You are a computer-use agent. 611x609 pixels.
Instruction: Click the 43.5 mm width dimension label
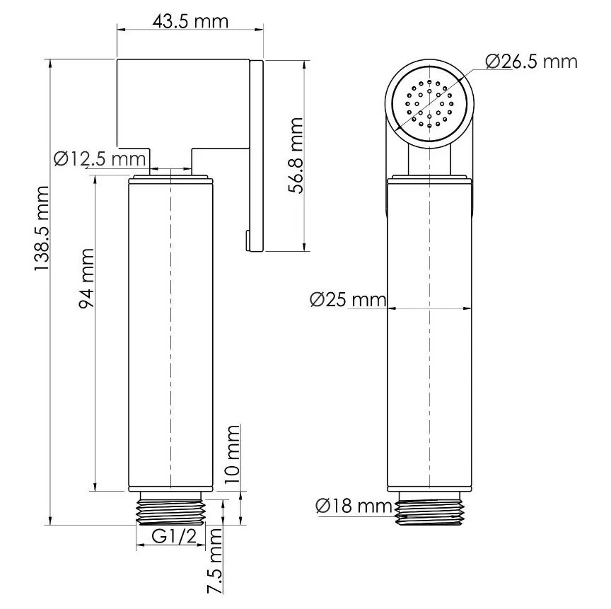[190, 21]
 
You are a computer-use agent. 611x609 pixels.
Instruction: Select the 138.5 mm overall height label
[43, 230]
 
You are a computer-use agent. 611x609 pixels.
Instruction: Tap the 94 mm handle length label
[86, 277]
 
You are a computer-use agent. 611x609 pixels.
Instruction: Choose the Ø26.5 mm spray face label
[531, 62]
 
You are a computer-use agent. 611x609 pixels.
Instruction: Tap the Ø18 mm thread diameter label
[354, 506]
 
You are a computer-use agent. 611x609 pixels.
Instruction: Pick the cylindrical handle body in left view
[171, 332]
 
